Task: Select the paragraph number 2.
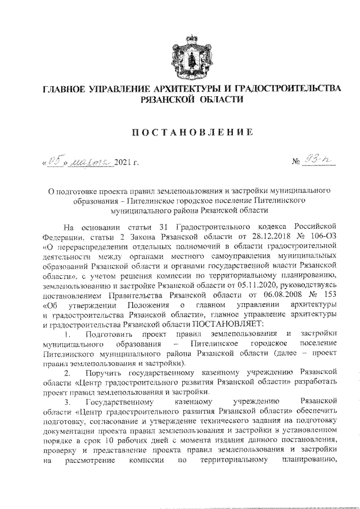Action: (67, 372)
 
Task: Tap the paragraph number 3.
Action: (67, 401)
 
